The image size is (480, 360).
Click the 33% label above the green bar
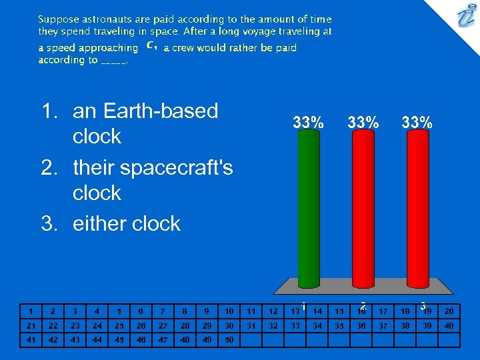click(309, 122)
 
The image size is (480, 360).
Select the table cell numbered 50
click(229, 340)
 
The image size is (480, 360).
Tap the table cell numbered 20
click(449, 311)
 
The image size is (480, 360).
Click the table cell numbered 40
click(449, 325)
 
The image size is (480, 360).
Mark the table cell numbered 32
click(273, 325)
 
